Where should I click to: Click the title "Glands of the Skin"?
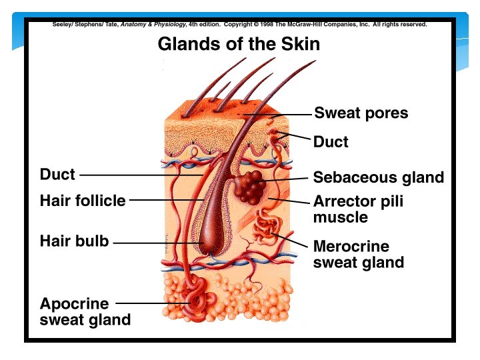pyautogui.click(x=239, y=45)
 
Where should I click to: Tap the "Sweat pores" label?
pyautogui.click(x=361, y=113)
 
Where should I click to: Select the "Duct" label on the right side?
pyautogui.click(x=331, y=142)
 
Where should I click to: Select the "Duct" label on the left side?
pyautogui.click(x=57, y=175)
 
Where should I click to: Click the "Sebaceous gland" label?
pyautogui.click(x=378, y=177)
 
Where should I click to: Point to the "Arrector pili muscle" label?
pyautogui.click(x=358, y=209)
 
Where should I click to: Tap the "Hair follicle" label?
pyautogui.click(x=83, y=200)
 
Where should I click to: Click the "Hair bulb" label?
pyautogui.click(x=74, y=241)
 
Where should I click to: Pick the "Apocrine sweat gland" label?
pyautogui.click(x=85, y=311)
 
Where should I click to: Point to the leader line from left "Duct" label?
pyautogui.click(x=140, y=175)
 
